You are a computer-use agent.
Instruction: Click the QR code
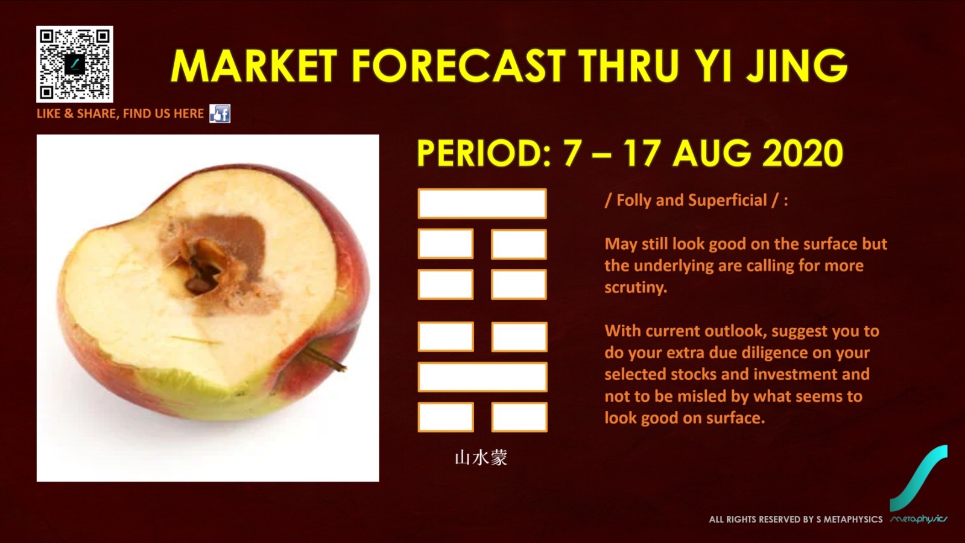pos(75,64)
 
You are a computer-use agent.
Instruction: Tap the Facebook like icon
pos(220,114)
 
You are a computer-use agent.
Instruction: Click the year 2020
pos(802,153)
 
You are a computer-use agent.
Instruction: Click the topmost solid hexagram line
pos(482,203)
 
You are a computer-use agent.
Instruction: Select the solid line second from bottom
pos(482,377)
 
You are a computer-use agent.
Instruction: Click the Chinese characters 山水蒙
pos(481,458)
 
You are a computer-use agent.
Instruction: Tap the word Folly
pos(634,200)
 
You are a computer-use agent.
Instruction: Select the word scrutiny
pos(636,287)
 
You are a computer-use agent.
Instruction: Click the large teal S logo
pos(919,478)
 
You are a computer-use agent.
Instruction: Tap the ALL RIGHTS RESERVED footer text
pos(796,519)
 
